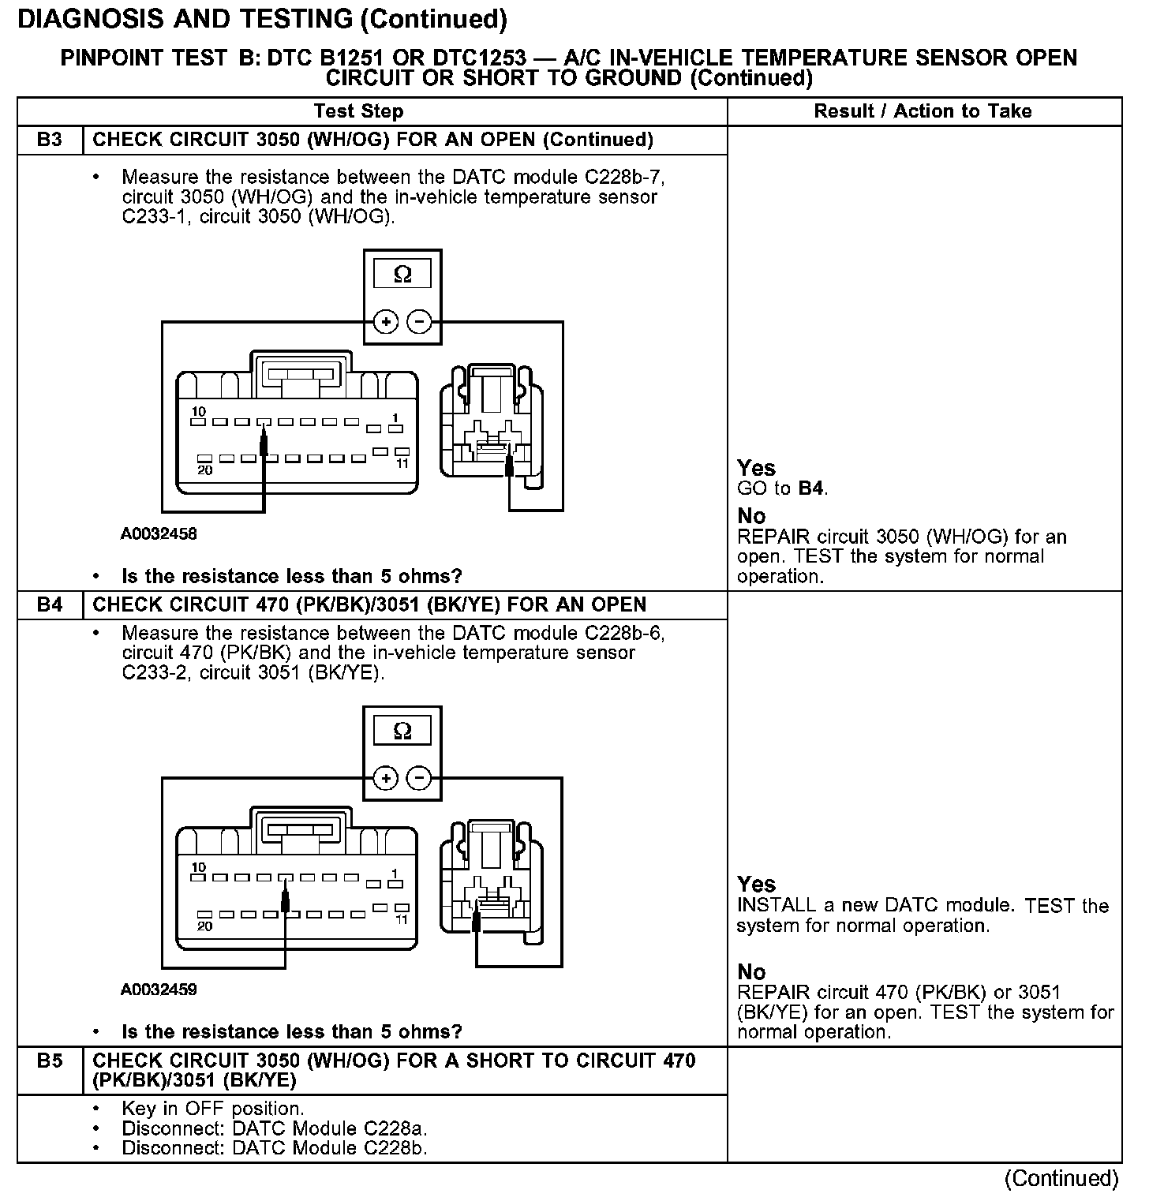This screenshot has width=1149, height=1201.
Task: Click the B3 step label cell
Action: tap(49, 140)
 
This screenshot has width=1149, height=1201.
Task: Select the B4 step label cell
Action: tap(49, 605)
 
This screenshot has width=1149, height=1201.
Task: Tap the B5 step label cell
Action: tap(49, 1061)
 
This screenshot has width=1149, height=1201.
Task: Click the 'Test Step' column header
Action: tap(358, 111)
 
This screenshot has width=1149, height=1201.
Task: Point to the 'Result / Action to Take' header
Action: tap(923, 111)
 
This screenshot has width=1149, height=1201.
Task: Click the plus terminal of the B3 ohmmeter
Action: tap(385, 322)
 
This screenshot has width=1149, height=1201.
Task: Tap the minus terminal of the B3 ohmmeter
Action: tap(419, 322)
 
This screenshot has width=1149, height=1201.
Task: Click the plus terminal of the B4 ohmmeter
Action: tap(385, 779)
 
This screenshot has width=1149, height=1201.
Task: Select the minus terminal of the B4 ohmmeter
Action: tap(419, 779)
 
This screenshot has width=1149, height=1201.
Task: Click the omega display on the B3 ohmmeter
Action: tap(402, 274)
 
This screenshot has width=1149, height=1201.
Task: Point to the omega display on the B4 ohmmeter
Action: tap(402, 731)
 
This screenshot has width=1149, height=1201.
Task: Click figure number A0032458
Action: tap(159, 534)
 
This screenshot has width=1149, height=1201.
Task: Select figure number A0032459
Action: tap(159, 990)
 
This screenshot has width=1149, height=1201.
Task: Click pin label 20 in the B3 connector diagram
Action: tap(204, 470)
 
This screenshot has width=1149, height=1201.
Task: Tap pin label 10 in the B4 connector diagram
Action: tap(198, 867)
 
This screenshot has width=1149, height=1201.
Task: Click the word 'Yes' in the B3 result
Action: tap(756, 468)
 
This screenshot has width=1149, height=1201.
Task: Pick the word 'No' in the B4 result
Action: tap(751, 971)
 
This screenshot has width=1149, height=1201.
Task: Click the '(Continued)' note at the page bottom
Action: tap(1061, 1178)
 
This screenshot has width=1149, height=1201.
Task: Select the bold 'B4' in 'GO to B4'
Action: tap(810, 488)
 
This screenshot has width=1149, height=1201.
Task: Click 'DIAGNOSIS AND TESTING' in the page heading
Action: tap(185, 19)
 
